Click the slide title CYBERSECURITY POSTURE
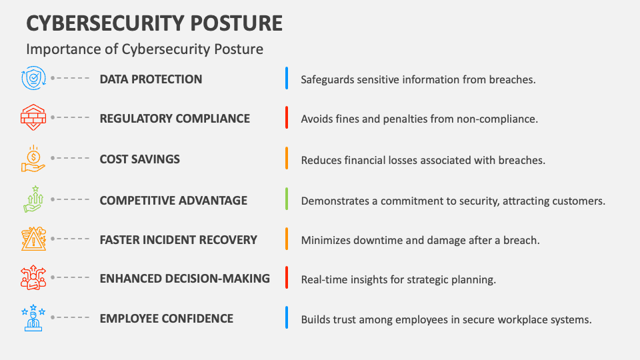point(154,23)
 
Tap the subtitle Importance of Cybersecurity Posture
point(145,49)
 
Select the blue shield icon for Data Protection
point(33,78)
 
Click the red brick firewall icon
point(33,117)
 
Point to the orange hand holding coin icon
point(33,159)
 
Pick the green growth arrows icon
point(33,199)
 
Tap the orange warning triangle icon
point(33,239)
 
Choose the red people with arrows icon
point(33,277)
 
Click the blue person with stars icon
point(33,317)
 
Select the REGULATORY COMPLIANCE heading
point(175,119)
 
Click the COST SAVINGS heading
point(139,159)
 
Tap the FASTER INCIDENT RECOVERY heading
point(179,239)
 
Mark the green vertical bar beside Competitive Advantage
point(287,199)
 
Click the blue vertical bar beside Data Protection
point(287,78)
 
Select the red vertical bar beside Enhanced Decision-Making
point(287,277)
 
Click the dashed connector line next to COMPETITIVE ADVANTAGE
point(70,199)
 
